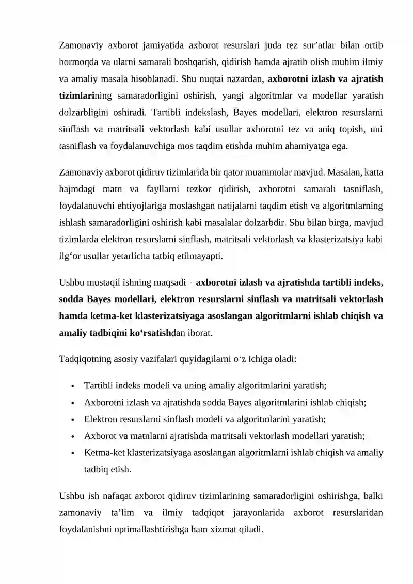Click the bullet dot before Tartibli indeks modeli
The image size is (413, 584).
[75, 386]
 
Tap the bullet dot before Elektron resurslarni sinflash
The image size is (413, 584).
[75, 420]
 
